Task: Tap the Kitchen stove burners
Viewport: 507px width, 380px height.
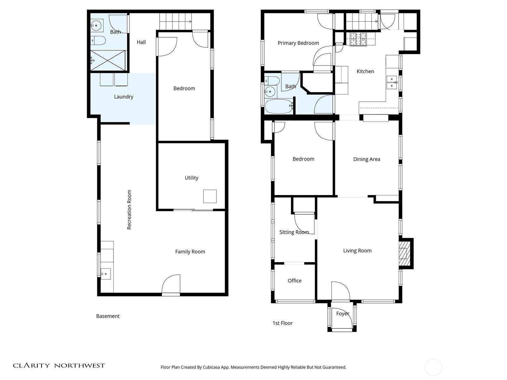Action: (x=358, y=39)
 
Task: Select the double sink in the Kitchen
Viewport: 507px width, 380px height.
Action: (x=392, y=82)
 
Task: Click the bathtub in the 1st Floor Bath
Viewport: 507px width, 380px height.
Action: (x=279, y=106)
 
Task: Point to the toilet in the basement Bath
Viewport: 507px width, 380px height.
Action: (x=98, y=41)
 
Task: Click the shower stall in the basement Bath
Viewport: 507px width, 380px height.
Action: (x=108, y=60)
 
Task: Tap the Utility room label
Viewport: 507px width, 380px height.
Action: (x=191, y=178)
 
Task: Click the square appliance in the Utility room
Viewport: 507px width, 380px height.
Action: (x=210, y=196)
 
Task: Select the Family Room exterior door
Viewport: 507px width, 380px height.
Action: (x=171, y=285)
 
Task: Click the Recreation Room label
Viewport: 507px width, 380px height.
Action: (x=129, y=210)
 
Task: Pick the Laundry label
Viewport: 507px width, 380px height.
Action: (x=124, y=97)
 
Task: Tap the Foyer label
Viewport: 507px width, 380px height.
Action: (x=342, y=313)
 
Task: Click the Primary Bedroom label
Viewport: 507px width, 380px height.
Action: (x=298, y=43)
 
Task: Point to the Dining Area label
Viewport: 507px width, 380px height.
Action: (x=367, y=159)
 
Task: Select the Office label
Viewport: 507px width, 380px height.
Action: (x=294, y=281)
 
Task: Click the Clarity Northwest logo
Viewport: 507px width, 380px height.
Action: (x=59, y=365)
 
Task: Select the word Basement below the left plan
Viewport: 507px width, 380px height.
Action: (x=108, y=316)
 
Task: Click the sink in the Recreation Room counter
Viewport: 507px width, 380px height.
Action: (x=106, y=274)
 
